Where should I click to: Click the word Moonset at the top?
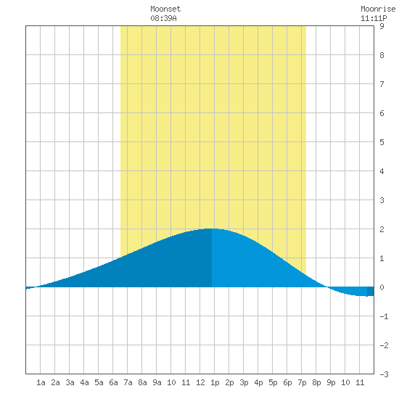165,9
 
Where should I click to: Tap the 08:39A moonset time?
163,18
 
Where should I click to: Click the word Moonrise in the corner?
378,9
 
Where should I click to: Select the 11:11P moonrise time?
374,18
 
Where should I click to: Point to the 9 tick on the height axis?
382,26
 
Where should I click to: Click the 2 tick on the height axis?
382,229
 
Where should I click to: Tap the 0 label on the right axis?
382,287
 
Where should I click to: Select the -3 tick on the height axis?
384,374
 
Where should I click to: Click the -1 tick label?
384,316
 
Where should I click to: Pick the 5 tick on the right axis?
382,142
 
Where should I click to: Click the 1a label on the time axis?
41,382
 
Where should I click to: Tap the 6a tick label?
113,382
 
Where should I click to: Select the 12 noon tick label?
200,382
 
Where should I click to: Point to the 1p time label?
215,383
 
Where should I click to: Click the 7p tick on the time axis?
302,383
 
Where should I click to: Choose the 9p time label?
331,383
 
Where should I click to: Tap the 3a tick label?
70,382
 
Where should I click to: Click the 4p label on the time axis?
258,383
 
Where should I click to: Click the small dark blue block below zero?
371,292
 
